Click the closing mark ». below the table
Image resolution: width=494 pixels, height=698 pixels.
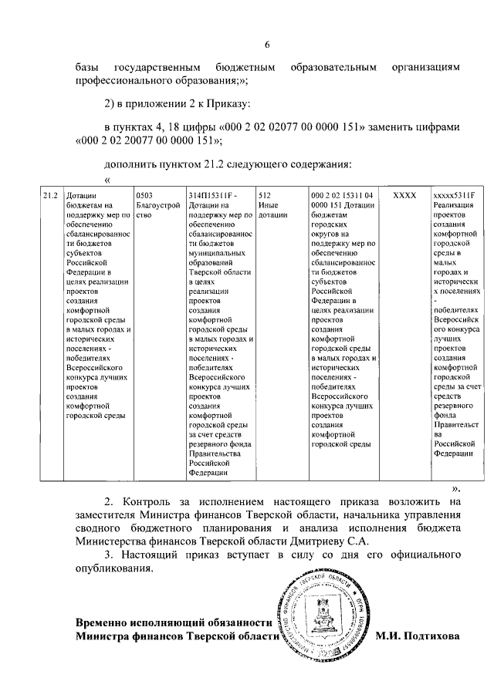click(455, 488)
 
